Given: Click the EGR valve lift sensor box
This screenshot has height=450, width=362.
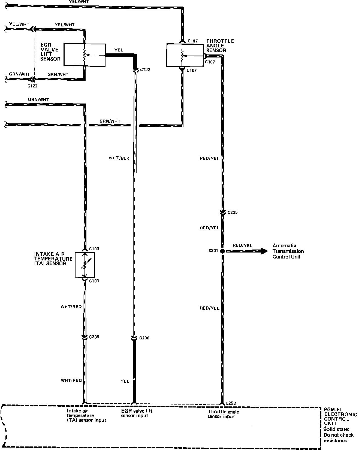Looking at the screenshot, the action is (x=85, y=54).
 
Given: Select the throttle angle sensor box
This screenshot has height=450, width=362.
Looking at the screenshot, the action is (x=185, y=55).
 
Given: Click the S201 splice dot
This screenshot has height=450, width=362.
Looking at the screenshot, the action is (x=222, y=251).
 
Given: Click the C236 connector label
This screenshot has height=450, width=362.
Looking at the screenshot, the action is (x=144, y=338).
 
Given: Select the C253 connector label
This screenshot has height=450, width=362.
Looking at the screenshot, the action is (x=231, y=403).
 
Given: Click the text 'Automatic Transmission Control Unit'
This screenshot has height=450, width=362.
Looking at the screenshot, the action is (x=288, y=251).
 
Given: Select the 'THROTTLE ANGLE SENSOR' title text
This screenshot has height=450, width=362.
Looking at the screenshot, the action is (x=220, y=46).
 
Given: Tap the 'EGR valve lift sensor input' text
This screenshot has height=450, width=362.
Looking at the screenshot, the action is (x=137, y=413).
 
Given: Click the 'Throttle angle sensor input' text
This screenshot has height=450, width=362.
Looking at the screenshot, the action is (x=223, y=414).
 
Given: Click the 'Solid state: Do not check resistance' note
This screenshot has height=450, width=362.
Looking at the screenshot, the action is (x=339, y=435).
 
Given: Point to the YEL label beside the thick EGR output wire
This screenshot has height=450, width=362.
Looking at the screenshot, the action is (x=119, y=50).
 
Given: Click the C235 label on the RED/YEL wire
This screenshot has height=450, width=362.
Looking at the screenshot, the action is (x=232, y=212).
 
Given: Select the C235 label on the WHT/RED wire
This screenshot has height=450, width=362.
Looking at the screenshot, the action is (x=94, y=337).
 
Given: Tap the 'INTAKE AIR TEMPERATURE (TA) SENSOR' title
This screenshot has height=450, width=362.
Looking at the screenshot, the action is (x=53, y=259).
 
